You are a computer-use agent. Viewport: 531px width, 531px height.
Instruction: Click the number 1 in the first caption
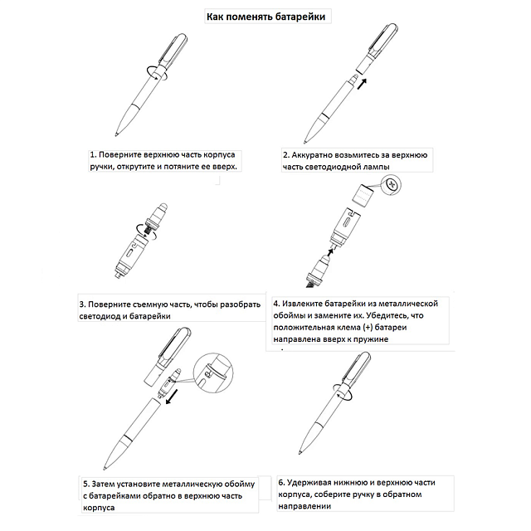[x=93, y=154]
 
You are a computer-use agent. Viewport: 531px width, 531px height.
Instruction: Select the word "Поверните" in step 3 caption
[x=110, y=304]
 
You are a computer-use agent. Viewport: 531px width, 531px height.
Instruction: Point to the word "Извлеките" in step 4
[x=308, y=303]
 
